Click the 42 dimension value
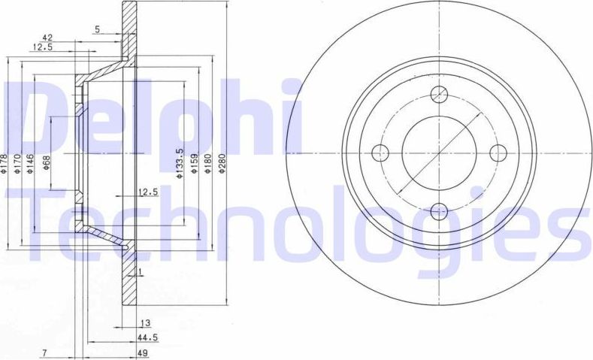[47, 37]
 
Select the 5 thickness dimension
[97, 29]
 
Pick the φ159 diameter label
[194, 164]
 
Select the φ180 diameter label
[207, 164]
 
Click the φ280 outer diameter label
[222, 164]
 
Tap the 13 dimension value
[145, 324]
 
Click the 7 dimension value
[46, 352]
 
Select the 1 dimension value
[140, 271]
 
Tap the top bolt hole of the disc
[439, 95]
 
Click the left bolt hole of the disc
[381, 153]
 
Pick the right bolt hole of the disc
[497, 153]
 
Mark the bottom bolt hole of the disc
[439, 210]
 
